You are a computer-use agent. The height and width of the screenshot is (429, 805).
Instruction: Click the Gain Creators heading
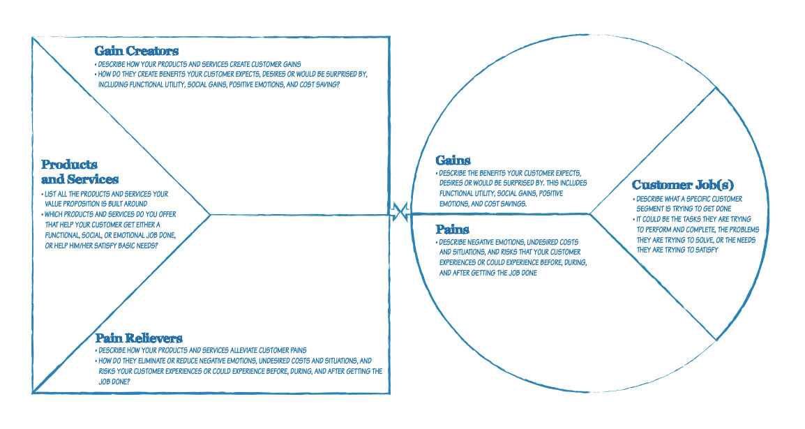coord(136,51)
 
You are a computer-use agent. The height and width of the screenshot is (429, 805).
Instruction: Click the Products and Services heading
coord(79,172)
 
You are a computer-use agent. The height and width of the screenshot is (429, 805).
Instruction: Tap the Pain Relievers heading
coord(139,338)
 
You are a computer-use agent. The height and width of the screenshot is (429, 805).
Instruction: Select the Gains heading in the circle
coord(453,161)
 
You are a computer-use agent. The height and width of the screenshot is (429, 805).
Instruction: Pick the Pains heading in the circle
coord(452,229)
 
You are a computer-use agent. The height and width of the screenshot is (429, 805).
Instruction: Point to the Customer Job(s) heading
coord(682,185)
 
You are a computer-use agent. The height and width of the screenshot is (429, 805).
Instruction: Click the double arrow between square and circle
coord(400,211)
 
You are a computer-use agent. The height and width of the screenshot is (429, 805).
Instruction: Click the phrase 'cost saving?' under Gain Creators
coord(317,84)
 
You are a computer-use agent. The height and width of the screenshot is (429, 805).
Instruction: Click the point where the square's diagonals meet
coord(210,215)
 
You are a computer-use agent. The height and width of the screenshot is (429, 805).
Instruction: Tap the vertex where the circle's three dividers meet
coord(590,213)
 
